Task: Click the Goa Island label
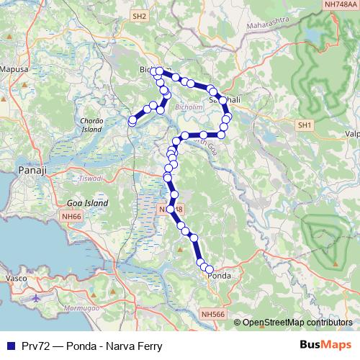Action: pos(87,204)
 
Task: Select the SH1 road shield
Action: pos(305,125)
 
